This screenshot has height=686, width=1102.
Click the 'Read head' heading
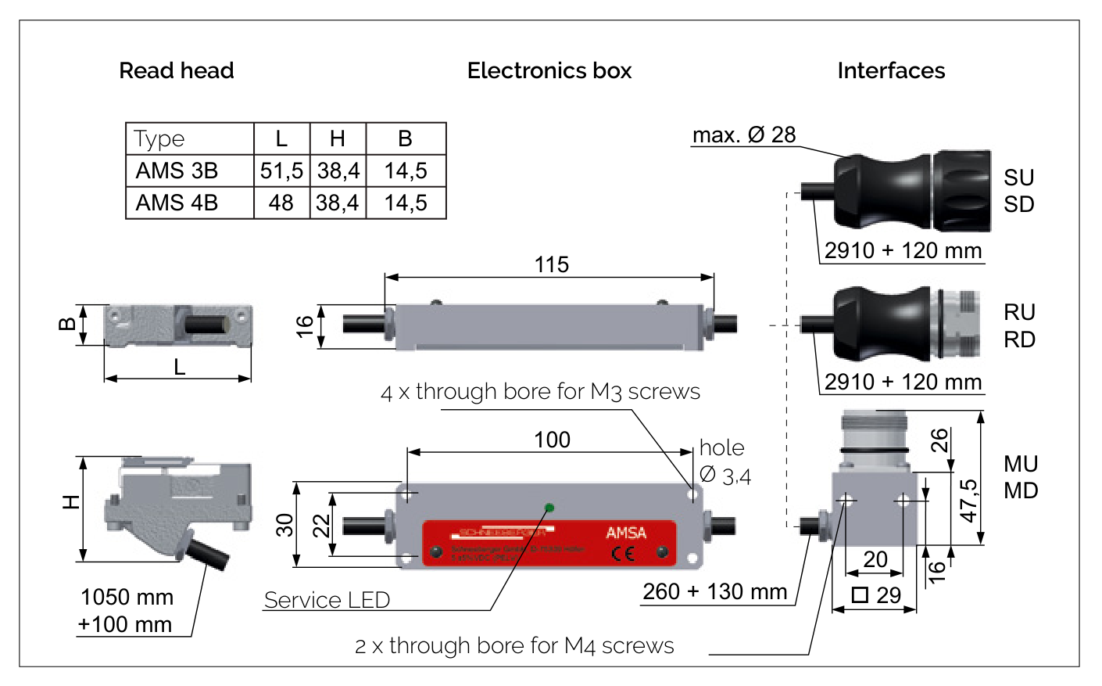[x=176, y=71]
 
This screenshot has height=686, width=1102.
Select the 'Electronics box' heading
[x=549, y=71]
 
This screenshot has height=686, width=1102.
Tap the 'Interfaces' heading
[x=891, y=71]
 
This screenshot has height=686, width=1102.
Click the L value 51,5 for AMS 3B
[x=281, y=171]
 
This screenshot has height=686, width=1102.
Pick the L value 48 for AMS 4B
[x=281, y=203]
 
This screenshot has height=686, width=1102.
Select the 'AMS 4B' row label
[x=177, y=203]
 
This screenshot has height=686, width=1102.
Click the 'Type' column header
[x=159, y=138]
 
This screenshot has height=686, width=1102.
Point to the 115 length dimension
[x=551, y=265]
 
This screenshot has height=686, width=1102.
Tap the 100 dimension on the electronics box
[x=552, y=440]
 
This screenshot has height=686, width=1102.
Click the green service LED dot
[x=549, y=508]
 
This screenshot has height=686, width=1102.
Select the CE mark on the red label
[x=623, y=554]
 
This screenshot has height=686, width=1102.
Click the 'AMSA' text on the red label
[x=626, y=533]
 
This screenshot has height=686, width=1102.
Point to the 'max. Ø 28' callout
[x=744, y=135]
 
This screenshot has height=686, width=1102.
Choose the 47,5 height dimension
[x=968, y=501]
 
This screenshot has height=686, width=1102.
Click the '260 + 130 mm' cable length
[x=714, y=591]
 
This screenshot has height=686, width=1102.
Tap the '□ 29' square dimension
[x=876, y=595]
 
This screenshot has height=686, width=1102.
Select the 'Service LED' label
[x=327, y=600]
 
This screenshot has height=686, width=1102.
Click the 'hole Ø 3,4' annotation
[x=725, y=462]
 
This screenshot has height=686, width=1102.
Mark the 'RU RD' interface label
[x=1019, y=325]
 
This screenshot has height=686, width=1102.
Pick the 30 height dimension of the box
[x=285, y=524]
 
